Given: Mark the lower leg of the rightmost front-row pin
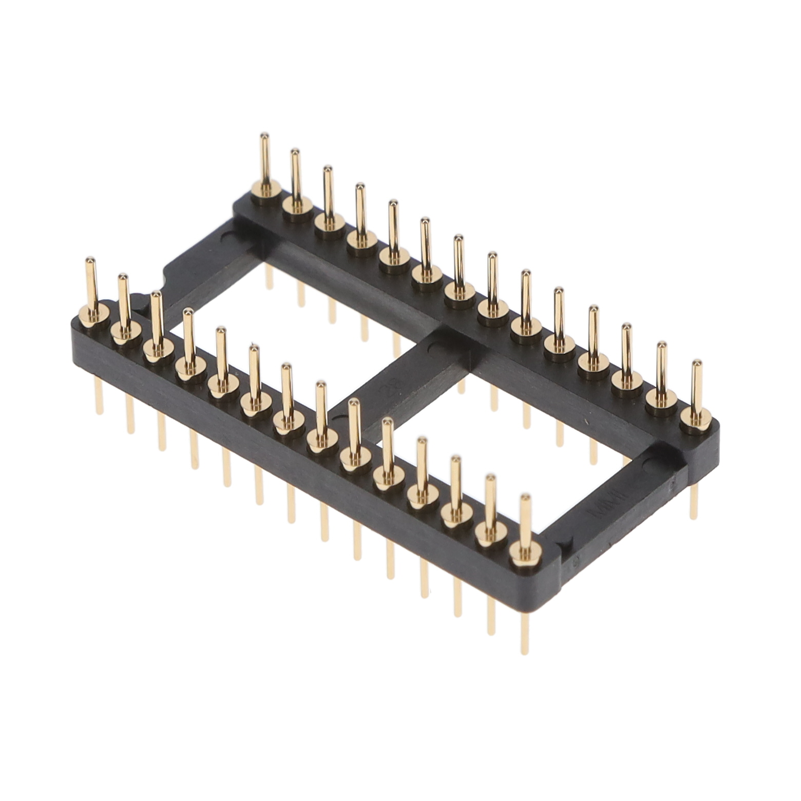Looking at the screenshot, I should tap(524, 634).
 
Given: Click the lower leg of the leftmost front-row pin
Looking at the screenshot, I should tap(99, 398).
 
